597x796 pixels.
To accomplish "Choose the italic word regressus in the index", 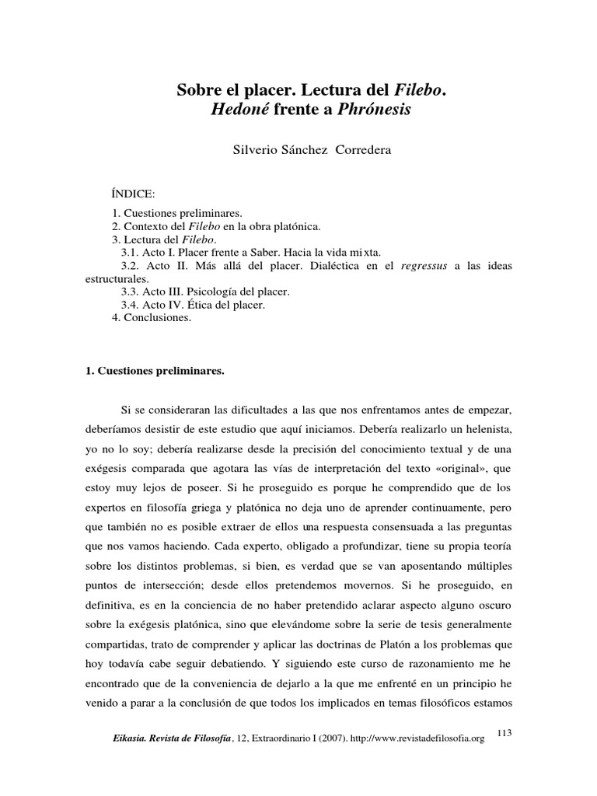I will pos(425,265).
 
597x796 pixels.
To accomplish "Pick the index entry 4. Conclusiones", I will pos(152,318).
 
